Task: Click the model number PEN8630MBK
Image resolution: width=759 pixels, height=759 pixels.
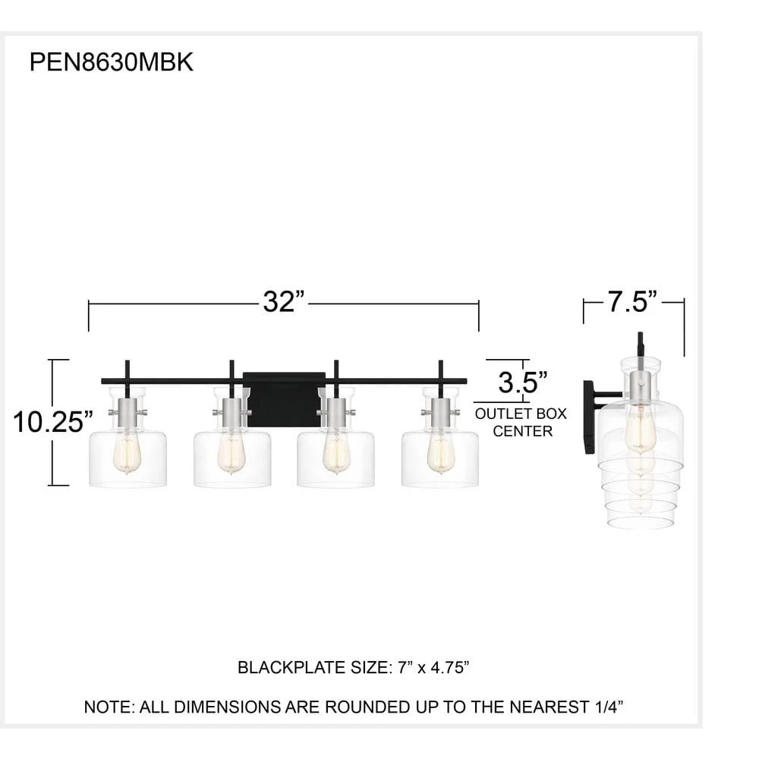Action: (112, 62)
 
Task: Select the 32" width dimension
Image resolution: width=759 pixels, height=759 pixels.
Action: (283, 302)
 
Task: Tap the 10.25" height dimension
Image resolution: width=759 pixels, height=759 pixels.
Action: (52, 421)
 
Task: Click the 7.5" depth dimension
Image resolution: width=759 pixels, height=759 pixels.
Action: (631, 301)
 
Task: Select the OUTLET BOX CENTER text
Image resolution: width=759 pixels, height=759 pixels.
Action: (521, 423)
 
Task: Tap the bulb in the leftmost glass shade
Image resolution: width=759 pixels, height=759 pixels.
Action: (127, 454)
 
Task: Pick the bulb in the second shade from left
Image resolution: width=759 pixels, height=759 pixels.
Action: (231, 454)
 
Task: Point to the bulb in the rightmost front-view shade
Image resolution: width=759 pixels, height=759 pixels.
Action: (439, 454)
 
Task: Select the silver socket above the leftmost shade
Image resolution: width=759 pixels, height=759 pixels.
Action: (127, 413)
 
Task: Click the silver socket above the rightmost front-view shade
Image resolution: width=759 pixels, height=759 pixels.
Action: (439, 413)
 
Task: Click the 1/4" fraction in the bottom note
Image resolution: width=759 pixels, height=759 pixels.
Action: (605, 707)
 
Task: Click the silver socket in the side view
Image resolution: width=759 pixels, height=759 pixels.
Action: (640, 385)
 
